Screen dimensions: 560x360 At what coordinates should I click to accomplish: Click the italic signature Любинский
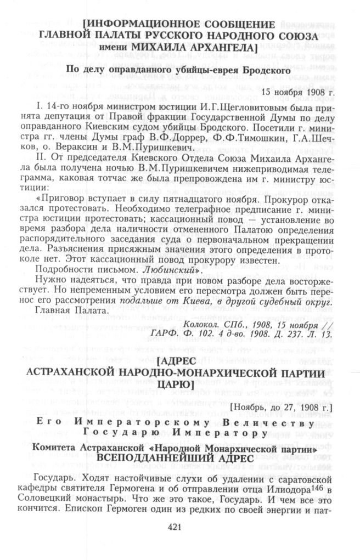(x=165, y=271)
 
